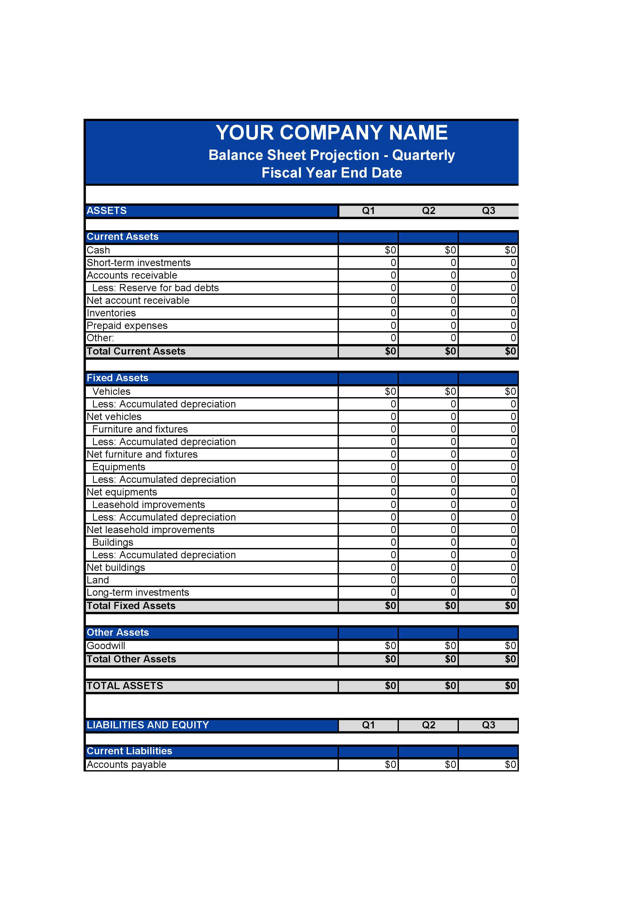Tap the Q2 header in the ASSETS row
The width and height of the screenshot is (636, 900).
[x=428, y=211]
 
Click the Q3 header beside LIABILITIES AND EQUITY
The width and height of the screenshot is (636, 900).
[x=488, y=725]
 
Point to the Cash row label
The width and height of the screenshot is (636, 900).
[x=98, y=250]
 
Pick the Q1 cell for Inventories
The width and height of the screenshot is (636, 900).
[x=368, y=313]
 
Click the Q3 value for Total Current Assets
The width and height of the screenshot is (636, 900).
[x=488, y=351]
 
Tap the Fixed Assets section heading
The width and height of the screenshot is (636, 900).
[x=117, y=378]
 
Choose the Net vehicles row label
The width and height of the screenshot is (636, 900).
[x=114, y=417]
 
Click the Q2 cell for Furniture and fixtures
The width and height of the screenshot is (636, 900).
[x=428, y=429]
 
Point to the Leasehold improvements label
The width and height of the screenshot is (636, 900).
[x=148, y=505]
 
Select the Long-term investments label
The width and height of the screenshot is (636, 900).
[x=138, y=593]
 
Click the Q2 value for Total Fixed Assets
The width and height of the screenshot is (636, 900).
[x=428, y=606]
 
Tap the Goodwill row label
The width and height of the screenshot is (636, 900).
[x=106, y=646]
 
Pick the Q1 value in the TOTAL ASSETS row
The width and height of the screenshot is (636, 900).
[x=368, y=686]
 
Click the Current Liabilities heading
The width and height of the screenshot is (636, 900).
[x=129, y=751]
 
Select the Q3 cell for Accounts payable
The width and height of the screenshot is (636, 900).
[x=488, y=765]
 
